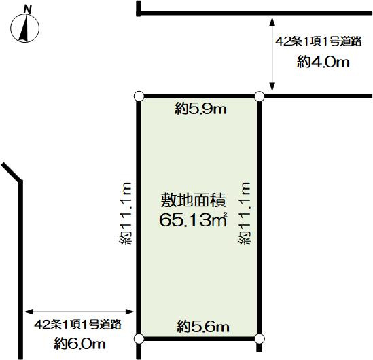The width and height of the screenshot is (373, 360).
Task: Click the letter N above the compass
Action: (x=28, y=10)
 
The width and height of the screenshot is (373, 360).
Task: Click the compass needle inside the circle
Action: (x=24, y=29)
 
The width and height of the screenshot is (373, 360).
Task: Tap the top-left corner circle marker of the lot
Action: (x=139, y=96)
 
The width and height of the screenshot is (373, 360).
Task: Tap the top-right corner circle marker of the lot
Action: (x=260, y=96)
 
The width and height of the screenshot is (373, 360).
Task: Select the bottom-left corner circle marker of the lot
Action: (x=139, y=338)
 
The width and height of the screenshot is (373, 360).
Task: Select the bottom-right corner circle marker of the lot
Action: (x=260, y=338)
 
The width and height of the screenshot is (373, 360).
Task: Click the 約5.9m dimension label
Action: (x=200, y=109)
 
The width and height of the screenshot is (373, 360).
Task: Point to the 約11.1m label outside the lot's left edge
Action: (x=125, y=213)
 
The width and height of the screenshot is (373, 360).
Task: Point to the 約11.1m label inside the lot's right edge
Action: (x=245, y=213)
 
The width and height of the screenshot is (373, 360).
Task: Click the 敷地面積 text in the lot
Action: (x=194, y=200)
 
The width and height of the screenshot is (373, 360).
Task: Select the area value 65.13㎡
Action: (x=193, y=219)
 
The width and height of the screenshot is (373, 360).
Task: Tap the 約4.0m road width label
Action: (x=323, y=62)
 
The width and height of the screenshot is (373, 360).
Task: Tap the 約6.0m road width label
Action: (x=79, y=344)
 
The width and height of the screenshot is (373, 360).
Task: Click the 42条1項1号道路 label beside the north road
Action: (x=319, y=41)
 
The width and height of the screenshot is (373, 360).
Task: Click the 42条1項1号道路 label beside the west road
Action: (x=77, y=324)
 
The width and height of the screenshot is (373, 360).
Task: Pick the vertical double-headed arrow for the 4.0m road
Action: (x=272, y=54)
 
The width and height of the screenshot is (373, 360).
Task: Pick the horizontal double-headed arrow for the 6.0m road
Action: (x=79, y=312)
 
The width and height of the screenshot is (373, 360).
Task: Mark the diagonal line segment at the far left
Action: (x=12, y=172)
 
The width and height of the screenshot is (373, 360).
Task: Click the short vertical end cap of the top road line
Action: (x=139, y=9)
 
